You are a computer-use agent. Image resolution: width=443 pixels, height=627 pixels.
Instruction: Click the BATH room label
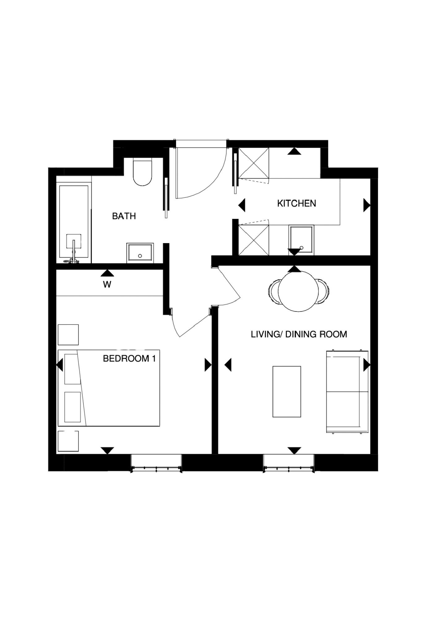pyautogui.click(x=124, y=216)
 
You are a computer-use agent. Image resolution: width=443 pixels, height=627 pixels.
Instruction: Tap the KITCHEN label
pyautogui.click(x=296, y=203)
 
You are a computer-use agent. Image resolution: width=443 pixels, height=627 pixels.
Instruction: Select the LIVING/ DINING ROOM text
pyautogui.click(x=299, y=334)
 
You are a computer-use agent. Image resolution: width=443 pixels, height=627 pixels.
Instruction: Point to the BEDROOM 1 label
pyautogui.click(x=129, y=359)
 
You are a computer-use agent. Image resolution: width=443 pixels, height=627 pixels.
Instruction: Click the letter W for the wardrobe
pyautogui.click(x=107, y=285)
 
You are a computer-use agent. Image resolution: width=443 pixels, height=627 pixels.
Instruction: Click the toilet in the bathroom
pyautogui.click(x=143, y=172)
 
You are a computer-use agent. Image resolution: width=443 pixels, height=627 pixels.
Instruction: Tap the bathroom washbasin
pyautogui.click(x=140, y=253)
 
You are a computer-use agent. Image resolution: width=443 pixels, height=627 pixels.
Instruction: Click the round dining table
pyautogui.click(x=298, y=291)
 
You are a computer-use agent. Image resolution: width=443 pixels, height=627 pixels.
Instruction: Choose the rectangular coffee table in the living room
pyautogui.click(x=286, y=391)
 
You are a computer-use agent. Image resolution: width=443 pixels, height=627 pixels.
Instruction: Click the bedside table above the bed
pyautogui.click(x=68, y=335)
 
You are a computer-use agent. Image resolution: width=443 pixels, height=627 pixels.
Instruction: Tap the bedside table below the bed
pyautogui.click(x=68, y=441)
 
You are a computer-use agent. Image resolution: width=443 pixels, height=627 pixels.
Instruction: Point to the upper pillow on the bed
pyautogui.click(x=72, y=369)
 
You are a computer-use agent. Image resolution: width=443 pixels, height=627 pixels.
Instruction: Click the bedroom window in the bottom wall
pyautogui.click(x=157, y=463)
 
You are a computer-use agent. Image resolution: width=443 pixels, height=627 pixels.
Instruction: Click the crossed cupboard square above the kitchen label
pyautogui.click(x=254, y=163)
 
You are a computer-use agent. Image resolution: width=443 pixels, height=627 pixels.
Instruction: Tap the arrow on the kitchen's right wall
pyautogui.click(x=367, y=205)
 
